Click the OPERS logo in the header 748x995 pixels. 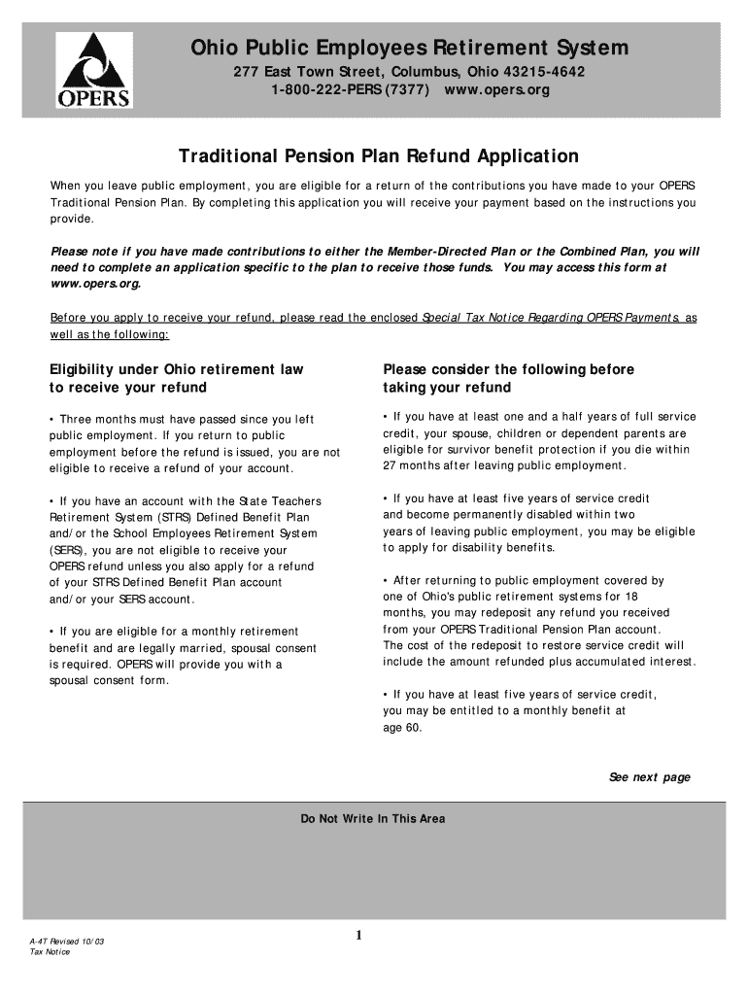pos(93,70)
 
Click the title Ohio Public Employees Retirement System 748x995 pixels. pos(408,48)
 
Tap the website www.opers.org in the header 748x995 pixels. pos(497,90)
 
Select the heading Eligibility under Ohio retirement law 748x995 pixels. pos(176,369)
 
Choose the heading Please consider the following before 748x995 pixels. pos(508,369)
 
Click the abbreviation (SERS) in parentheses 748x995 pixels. pos(67,550)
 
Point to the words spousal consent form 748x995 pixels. pos(109,680)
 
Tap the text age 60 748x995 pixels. pos(402,727)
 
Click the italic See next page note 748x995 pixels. pos(649,777)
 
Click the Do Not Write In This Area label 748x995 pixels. pos(373,819)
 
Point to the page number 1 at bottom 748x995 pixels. pos(358,936)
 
